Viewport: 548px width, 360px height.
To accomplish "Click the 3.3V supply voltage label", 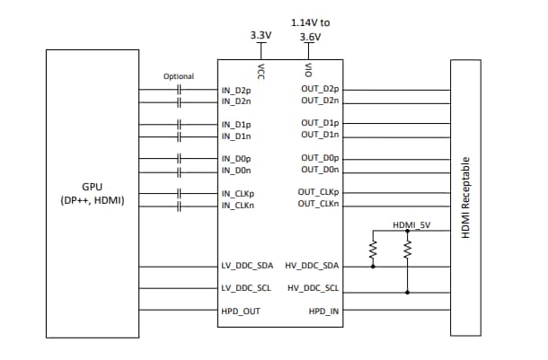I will click(261, 35).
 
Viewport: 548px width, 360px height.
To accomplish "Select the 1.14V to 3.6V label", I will click(308, 28).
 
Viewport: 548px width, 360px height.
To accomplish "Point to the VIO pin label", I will click(308, 70).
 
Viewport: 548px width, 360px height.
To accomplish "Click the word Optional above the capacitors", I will click(179, 76).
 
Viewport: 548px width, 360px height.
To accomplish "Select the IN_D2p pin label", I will click(238, 91).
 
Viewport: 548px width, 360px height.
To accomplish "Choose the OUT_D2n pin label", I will click(320, 102).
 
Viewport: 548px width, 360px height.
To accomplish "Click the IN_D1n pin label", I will click(238, 136).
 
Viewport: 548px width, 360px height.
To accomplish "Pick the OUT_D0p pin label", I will click(320, 158).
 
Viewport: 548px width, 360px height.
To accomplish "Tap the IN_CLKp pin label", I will click(240, 193).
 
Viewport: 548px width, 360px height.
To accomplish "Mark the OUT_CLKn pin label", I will click(318, 205).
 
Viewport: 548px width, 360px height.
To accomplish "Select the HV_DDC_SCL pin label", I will click(313, 288).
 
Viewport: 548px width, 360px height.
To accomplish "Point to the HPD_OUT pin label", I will click(242, 311).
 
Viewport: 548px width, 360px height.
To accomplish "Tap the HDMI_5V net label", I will click(412, 224).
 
